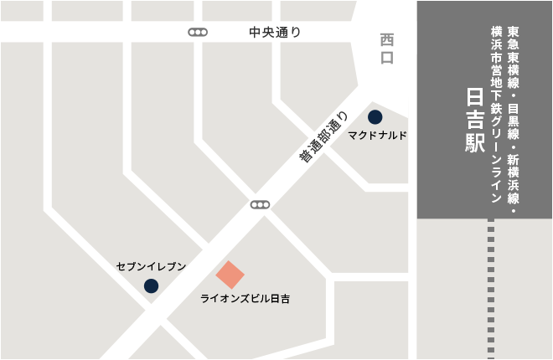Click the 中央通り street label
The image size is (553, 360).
275,33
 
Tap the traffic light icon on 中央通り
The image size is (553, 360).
199,33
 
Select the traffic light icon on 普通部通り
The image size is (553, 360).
261,204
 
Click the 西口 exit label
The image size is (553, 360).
386,49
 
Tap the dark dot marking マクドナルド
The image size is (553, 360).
375,116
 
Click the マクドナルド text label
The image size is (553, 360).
378,135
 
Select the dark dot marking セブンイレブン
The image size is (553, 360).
151,285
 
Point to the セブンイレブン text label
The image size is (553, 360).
151,266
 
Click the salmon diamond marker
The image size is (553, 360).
230,274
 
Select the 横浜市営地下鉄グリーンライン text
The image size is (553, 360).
496,115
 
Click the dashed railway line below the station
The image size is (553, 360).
490,289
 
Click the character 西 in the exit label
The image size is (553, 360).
386,39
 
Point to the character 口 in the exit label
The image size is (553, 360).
386,58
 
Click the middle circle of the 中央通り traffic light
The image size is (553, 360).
199,33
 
